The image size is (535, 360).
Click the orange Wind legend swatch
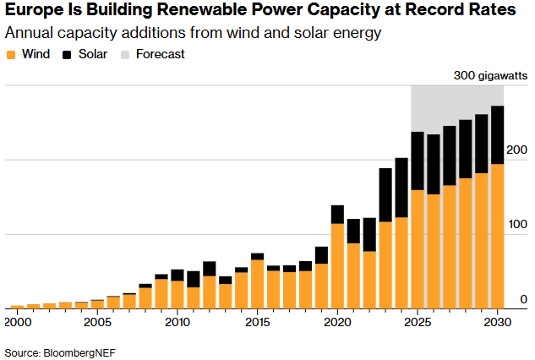[x=11, y=55]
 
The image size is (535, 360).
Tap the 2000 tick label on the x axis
[x=17, y=322]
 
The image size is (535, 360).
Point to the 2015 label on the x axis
[x=258, y=322]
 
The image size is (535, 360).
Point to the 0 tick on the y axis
[x=523, y=299]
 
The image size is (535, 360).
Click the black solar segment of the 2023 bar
[x=385, y=194]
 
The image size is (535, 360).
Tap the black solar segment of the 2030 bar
[x=498, y=134]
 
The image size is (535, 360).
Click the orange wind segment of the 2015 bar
[x=257, y=283]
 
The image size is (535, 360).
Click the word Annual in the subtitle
[x=29, y=34]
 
